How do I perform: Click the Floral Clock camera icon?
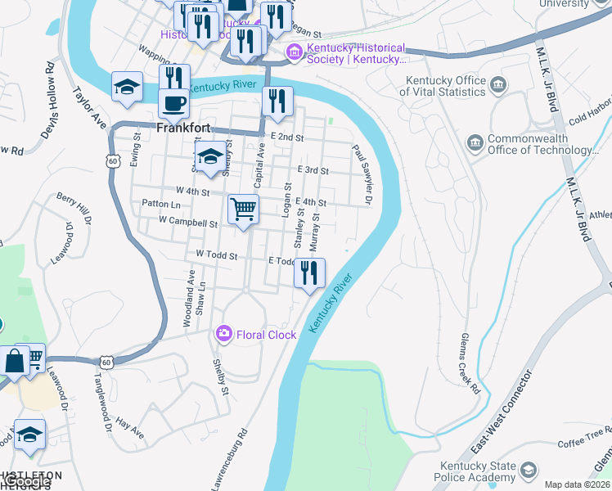tap(223, 334)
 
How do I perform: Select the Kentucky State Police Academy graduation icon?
tap(528, 470)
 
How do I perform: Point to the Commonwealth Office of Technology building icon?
tap(475, 144)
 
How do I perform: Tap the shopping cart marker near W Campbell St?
tap(243, 210)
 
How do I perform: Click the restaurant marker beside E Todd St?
tap(309, 273)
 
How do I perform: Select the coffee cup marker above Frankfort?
tap(173, 104)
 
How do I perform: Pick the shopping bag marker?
tap(16, 360)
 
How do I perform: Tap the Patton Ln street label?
tap(160, 204)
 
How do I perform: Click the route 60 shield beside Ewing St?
tap(111, 162)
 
